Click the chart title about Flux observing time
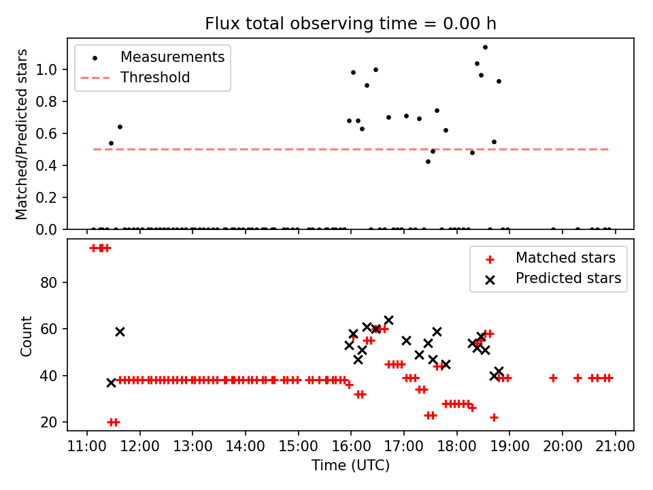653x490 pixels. coord(350,24)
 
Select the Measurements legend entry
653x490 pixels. coord(172,57)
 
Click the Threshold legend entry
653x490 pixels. coord(155,78)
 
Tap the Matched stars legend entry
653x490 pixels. coord(565,258)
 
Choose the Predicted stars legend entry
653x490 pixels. coord(568,278)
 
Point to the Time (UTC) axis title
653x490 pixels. coord(350,465)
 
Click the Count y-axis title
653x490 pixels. coord(27,336)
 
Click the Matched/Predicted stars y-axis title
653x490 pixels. coord(22,134)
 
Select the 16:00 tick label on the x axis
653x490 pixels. coord(351,446)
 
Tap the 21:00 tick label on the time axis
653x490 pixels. coord(616,446)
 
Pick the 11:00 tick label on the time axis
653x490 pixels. coord(87,446)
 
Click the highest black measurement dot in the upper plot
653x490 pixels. coord(485,47)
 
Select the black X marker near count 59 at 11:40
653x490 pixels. coord(120,331)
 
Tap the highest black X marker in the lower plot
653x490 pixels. coord(388,320)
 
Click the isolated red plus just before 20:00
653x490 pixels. coord(553,378)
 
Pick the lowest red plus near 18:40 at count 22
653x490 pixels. coord(494,417)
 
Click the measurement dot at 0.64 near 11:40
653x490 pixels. coord(120,127)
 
